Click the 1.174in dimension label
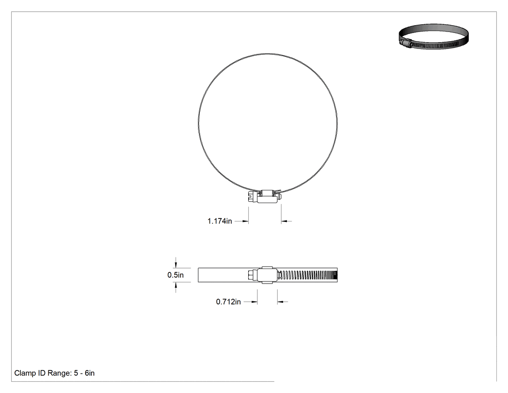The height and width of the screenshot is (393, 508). [220, 221]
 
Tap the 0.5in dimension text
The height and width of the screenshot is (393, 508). [176, 275]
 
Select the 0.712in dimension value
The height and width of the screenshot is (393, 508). [228, 302]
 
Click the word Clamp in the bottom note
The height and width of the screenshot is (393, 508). [25, 373]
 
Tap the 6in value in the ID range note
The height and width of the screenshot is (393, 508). [90, 373]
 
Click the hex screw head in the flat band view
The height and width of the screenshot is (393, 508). [253, 275]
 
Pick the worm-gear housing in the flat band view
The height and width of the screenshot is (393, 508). [267, 275]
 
